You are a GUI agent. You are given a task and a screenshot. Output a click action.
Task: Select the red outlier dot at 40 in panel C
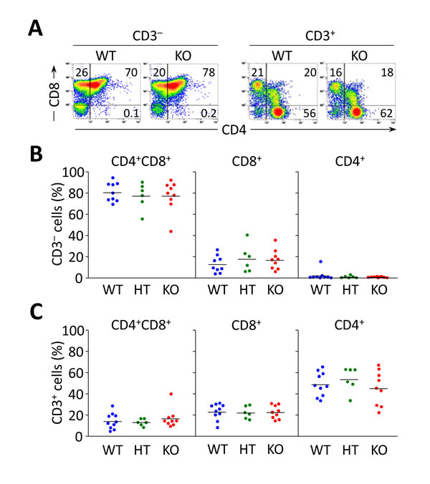pyautogui.click(x=271, y=394)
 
